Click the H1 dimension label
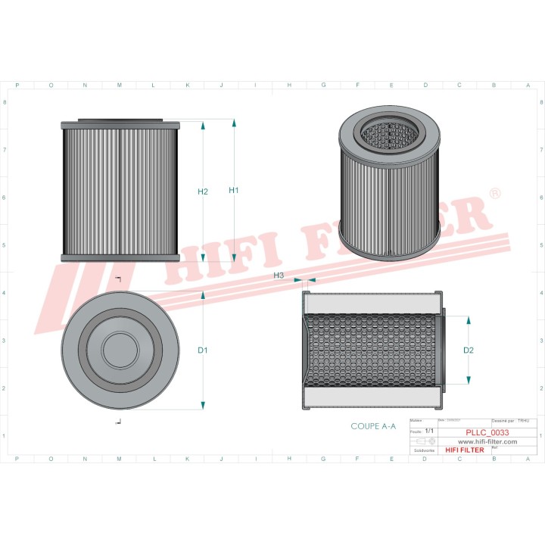[234, 191]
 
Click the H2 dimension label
[203, 192]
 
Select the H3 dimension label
[279, 276]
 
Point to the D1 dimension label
[203, 350]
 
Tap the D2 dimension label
[468, 350]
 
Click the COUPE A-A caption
[373, 427]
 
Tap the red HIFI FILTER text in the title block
[465, 450]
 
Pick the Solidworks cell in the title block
[421, 450]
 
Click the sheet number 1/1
[428, 431]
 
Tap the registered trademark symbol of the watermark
[495, 195]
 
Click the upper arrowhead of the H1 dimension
[234, 124]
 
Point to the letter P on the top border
[17, 86]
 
